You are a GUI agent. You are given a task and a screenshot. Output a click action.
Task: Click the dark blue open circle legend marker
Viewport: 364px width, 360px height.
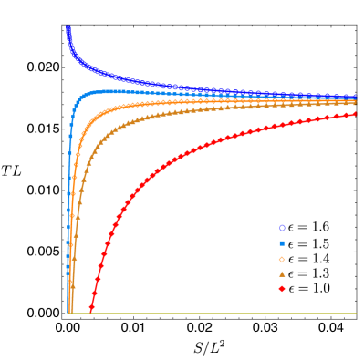coord(282,228)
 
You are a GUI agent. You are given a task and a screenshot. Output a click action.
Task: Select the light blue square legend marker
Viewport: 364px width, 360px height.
coord(282,243)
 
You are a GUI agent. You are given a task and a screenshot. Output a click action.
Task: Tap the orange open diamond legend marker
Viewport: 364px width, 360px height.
coord(282,260)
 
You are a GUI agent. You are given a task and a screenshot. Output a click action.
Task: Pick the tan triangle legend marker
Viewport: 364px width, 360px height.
coord(282,274)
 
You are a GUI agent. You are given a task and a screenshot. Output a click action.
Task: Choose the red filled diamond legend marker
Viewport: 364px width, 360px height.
coord(282,289)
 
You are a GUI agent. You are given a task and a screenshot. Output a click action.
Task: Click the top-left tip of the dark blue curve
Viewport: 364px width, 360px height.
coord(68,27)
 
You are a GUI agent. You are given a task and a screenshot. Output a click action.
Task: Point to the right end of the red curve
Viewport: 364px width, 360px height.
coord(356,114)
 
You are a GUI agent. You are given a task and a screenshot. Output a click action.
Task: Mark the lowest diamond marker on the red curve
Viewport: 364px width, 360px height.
coord(91,310)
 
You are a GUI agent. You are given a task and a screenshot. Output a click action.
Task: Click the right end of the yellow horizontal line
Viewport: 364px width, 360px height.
coord(356,314)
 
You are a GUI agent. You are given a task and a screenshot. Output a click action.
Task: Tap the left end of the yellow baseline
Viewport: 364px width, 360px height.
coord(68,314)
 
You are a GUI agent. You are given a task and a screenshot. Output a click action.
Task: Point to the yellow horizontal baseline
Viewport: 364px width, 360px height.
coord(210,314)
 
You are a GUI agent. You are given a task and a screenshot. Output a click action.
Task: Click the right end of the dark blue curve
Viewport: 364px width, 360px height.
coord(356,96)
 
